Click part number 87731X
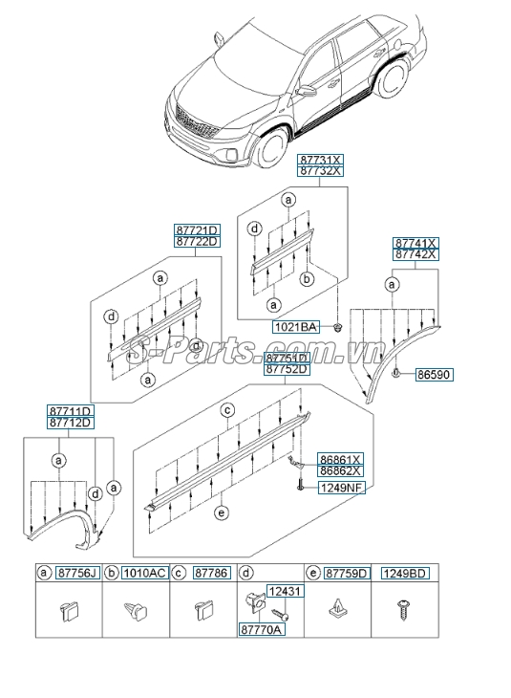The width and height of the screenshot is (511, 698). [320, 159]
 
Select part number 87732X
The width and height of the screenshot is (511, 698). [320, 170]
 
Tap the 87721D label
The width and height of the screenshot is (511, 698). [197, 230]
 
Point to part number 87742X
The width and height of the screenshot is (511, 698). [416, 254]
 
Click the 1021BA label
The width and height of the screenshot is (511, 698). [296, 327]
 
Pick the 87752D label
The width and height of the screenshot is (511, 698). [260, 369]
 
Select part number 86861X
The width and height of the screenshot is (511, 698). [341, 459]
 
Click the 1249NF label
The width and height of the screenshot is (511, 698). [341, 488]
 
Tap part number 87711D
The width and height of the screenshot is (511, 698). [71, 411]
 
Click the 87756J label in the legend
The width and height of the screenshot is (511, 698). [76, 574]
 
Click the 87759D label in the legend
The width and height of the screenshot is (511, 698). [346, 574]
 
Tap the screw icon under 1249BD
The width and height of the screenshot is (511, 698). [402, 608]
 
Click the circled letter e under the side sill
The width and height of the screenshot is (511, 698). [222, 513]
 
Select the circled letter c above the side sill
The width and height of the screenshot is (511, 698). [228, 410]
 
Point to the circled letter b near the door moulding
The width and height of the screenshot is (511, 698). [308, 279]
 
